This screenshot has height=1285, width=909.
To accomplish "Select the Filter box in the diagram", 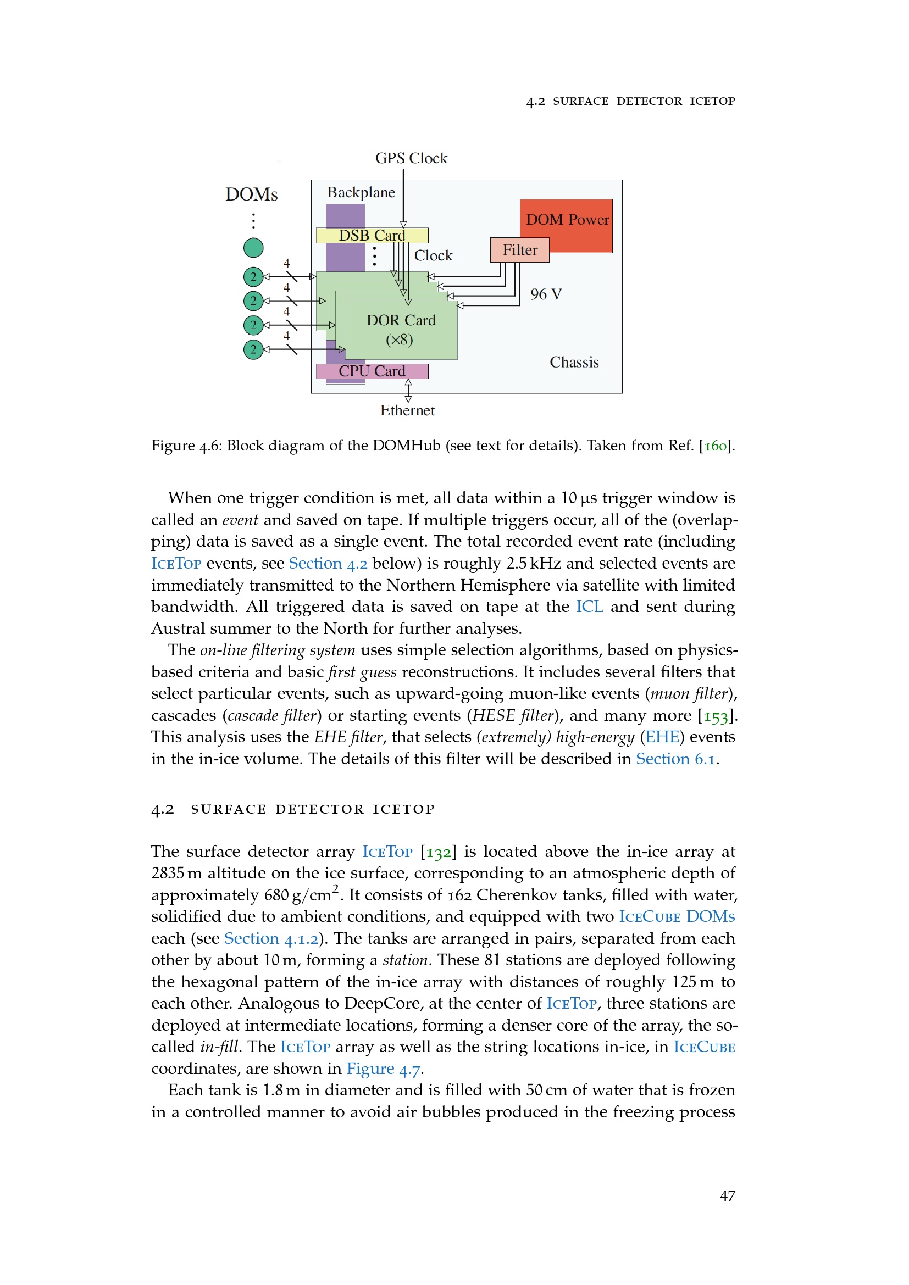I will (519, 249).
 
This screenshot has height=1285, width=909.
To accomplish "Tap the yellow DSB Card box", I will (372, 235).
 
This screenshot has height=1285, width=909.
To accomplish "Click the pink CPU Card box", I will (372, 371).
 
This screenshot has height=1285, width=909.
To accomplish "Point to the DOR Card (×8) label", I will (401, 330).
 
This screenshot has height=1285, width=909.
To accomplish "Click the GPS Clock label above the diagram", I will (411, 158).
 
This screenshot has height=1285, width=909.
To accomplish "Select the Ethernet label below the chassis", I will (407, 410).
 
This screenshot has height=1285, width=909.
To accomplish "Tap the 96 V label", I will (546, 294).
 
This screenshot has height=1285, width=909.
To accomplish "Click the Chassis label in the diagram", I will (574, 362).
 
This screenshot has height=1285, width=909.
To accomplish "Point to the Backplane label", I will (361, 192).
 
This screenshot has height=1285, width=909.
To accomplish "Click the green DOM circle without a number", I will (253, 247).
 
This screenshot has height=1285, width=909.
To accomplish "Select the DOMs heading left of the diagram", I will (251, 194).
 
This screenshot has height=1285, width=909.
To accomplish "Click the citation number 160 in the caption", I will (716, 446).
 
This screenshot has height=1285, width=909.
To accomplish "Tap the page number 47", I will (727, 1195).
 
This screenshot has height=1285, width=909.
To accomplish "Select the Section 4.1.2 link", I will (271, 938).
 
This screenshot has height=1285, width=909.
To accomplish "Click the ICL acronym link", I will (589, 607).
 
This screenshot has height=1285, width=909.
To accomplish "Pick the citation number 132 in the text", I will (438, 852).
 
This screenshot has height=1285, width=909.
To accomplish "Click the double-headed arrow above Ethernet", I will (408, 391).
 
